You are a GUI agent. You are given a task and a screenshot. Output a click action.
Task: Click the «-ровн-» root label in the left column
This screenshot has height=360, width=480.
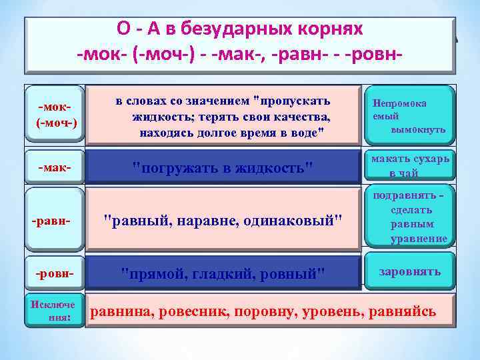click(x=55, y=273)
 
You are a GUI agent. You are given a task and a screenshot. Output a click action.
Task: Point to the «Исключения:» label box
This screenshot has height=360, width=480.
click(x=55, y=311)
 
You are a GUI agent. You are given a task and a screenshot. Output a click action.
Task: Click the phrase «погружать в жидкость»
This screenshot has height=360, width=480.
click(x=223, y=167)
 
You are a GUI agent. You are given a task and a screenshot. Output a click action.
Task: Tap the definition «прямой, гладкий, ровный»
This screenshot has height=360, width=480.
click(x=223, y=273)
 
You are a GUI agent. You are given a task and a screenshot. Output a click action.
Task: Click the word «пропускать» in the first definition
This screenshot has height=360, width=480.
click(x=293, y=101)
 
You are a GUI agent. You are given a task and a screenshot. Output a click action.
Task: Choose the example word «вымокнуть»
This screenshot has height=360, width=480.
click(x=418, y=129)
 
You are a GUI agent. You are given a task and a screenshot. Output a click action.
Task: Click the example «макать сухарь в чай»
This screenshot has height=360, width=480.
click(x=410, y=166)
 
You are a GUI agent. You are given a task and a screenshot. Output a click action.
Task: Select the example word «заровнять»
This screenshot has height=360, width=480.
click(x=409, y=272)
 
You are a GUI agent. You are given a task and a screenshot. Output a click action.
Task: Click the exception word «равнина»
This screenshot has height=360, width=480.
click(x=118, y=311)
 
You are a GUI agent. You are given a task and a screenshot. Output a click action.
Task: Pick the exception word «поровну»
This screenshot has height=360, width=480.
click(x=255, y=311)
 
